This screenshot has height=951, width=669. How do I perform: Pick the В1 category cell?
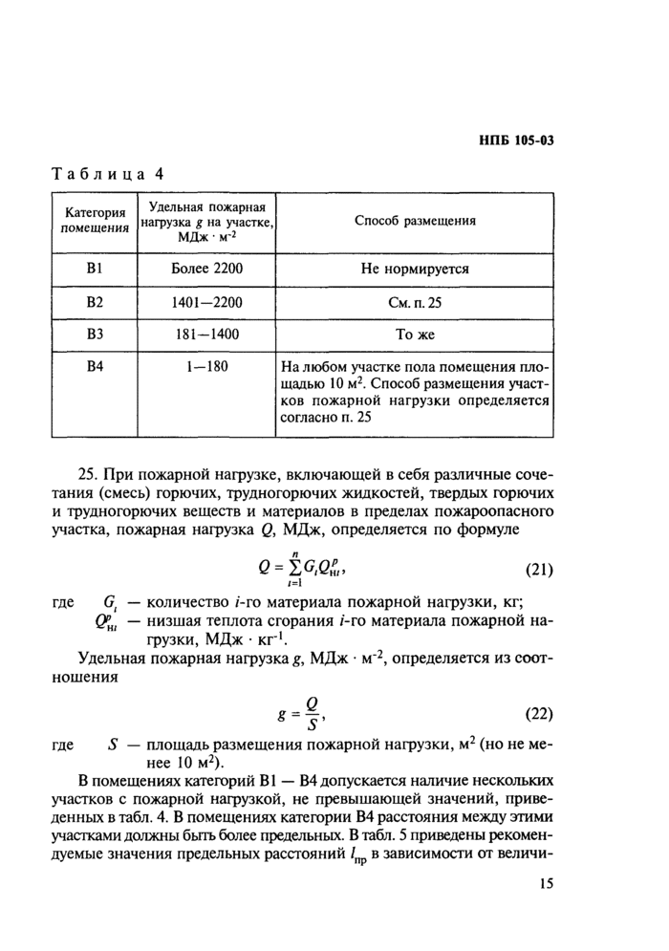coord(95,270)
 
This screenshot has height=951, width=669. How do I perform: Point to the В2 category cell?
coord(95,303)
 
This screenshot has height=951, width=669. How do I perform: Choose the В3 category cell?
coord(95,335)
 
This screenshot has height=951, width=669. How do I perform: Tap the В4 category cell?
coord(95,367)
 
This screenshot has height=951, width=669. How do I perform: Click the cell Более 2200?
coord(205,270)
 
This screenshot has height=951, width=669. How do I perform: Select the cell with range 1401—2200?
coord(205,303)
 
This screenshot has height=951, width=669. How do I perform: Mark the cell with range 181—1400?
coord(205,335)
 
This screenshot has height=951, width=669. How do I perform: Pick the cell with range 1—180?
coord(205,367)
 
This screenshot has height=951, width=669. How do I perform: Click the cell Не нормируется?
coord(415,270)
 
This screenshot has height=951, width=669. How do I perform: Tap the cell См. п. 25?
coord(415,303)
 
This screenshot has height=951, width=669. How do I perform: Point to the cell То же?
coord(415,335)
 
